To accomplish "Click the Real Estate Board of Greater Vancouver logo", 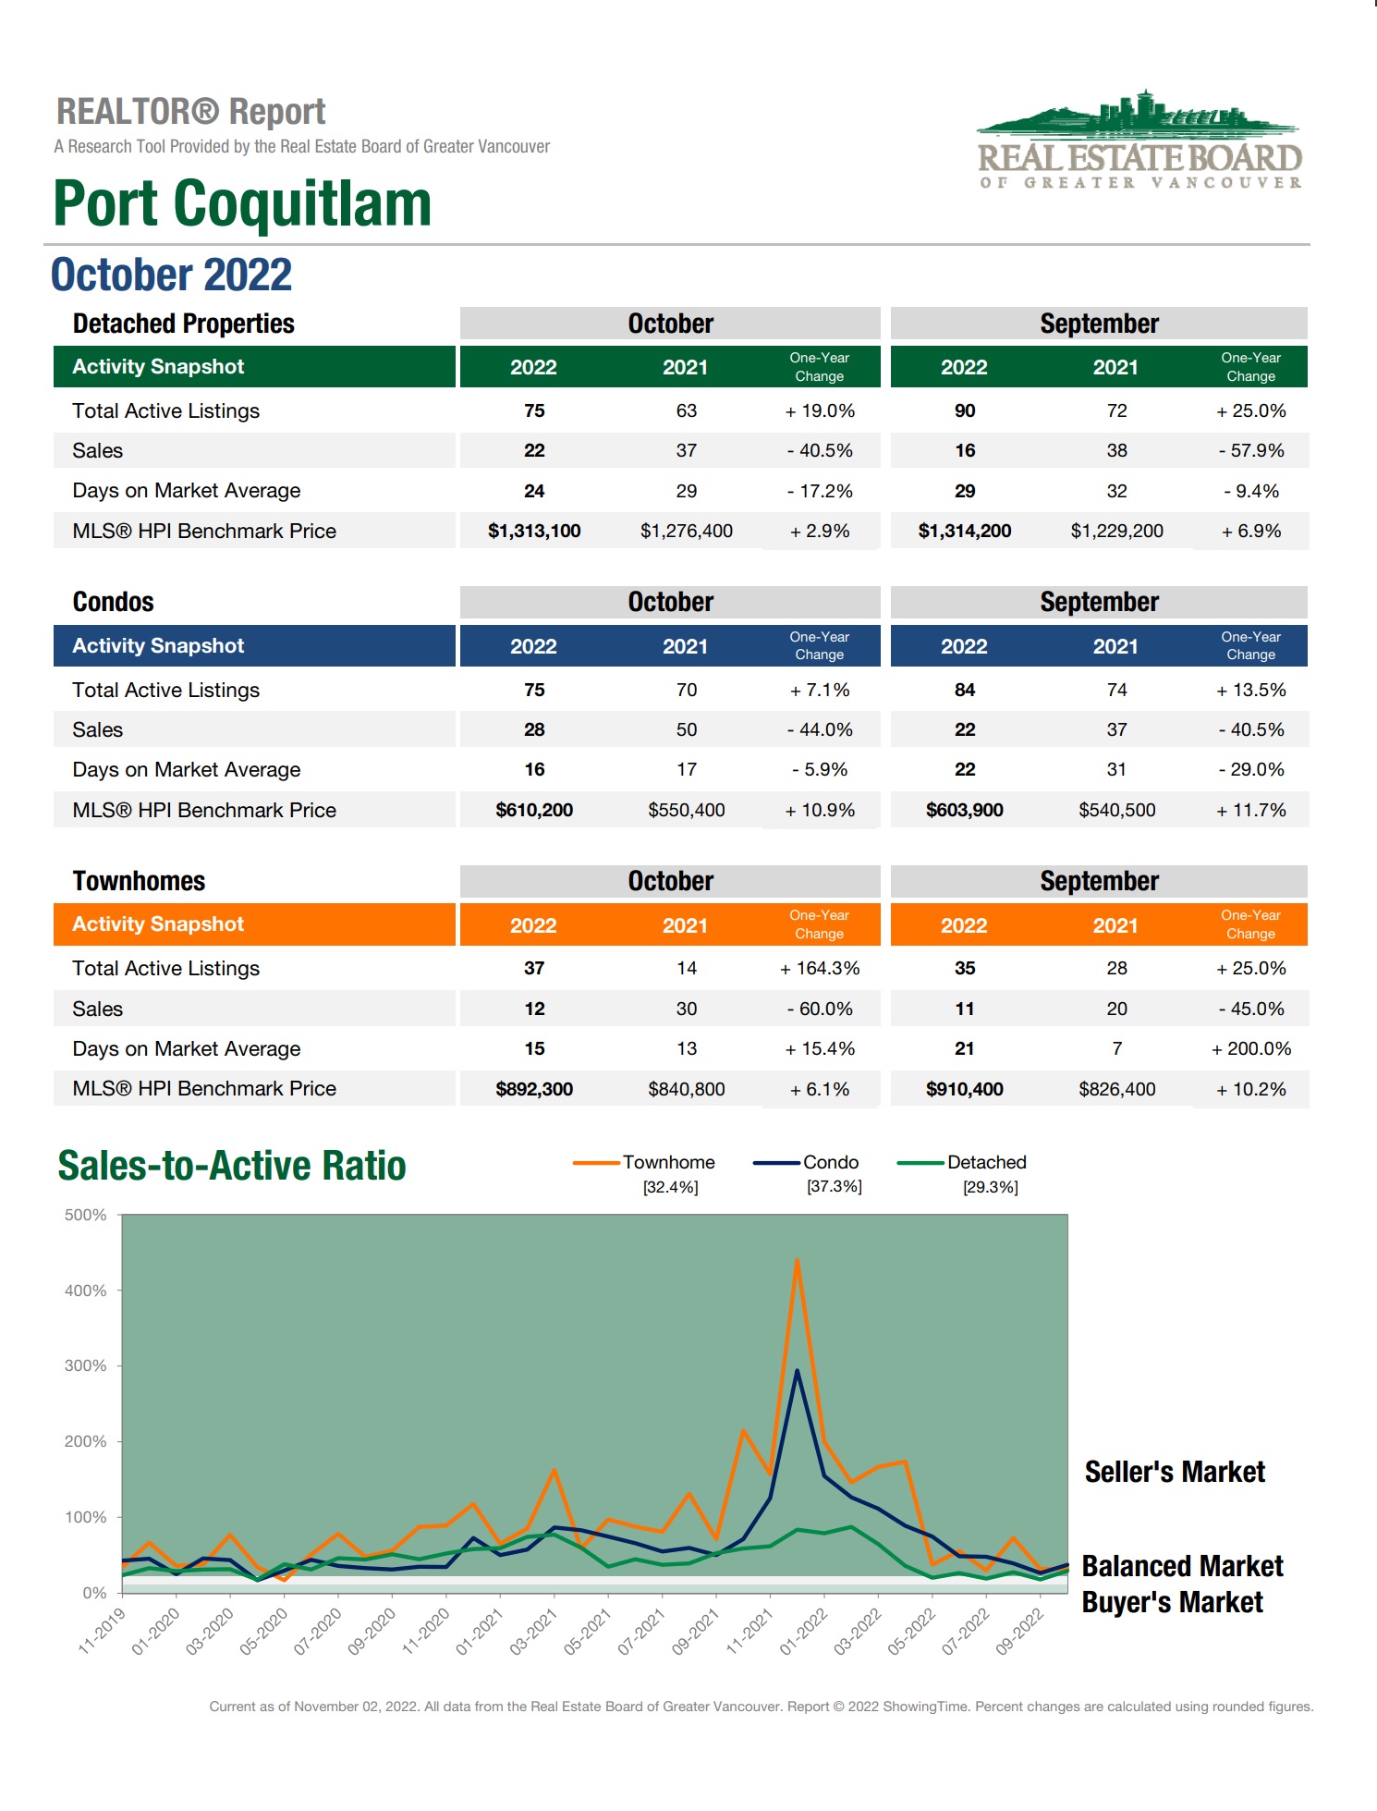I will point(1139,142).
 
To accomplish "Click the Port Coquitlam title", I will point(242,203).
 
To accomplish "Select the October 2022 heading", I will point(171,275).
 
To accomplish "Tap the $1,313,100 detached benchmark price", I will point(534,532).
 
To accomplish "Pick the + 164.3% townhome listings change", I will point(820,969).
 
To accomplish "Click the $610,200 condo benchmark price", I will point(534,811).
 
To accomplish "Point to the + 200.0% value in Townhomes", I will point(1251,1049).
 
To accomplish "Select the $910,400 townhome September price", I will point(964,1090).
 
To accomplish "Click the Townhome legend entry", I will point(667,1163).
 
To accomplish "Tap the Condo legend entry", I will point(830,1163).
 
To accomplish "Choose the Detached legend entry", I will point(986,1163).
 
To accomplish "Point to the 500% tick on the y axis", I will point(86,1216).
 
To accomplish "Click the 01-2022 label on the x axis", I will point(803,1632).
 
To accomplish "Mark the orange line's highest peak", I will point(797,1260).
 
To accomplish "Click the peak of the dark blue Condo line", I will point(797,1371).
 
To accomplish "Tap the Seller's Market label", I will point(1175,1473).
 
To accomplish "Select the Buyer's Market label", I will point(1172,1603).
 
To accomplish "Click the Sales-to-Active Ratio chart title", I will point(232,1167).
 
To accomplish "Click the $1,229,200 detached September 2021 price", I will point(1116,532).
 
